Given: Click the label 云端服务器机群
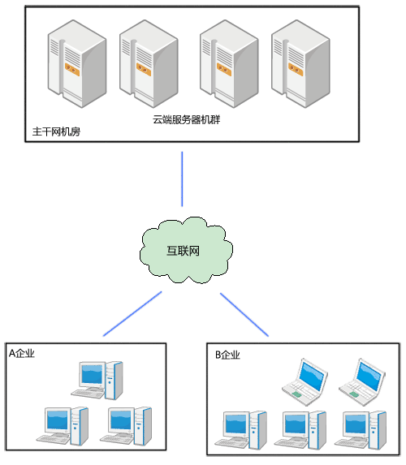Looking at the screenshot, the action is click(187, 119).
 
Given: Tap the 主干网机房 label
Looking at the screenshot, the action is click(56, 131).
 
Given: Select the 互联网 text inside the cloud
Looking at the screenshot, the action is click(183, 251).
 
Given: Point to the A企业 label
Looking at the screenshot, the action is click(22, 353).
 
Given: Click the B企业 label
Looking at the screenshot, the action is click(227, 355).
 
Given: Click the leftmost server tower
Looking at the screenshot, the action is click(77, 64).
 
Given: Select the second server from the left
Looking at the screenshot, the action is click(149, 64).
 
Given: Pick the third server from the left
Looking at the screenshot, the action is click(229, 64).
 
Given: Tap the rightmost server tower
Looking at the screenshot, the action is click(300, 64).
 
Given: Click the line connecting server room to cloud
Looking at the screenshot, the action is click(182, 179).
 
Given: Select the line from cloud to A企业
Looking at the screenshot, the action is click(132, 314).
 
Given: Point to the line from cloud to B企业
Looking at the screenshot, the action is click(244, 315).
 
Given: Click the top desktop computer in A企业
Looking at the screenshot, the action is click(97, 381).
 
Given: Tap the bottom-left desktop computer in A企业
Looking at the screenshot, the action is click(63, 426).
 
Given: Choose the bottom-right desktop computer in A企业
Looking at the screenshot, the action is click(126, 426).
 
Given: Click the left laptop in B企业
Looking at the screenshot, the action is click(304, 382).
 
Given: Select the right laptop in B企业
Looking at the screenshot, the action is click(362, 382).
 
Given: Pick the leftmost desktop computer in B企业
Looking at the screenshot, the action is click(241, 430).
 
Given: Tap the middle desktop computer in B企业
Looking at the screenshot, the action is click(300, 430).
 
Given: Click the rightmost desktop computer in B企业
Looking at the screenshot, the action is click(361, 430).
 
